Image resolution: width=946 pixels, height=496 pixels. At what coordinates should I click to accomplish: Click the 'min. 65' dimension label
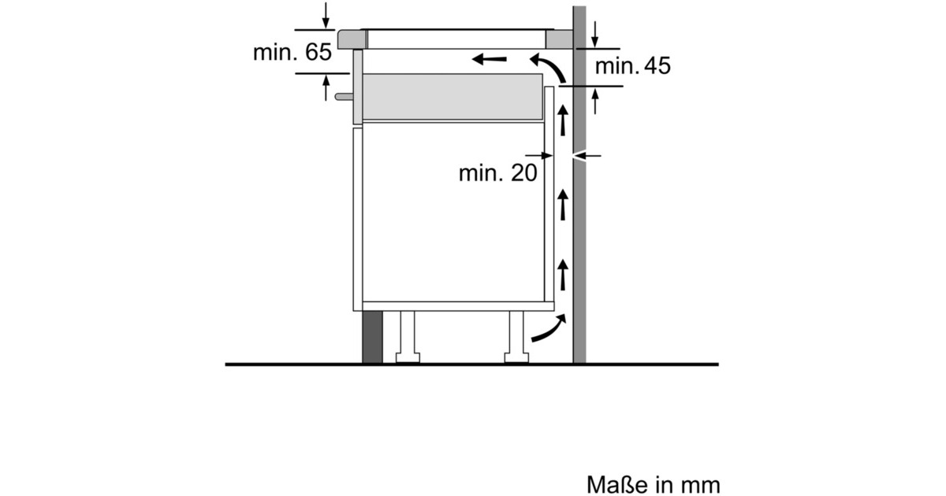292,52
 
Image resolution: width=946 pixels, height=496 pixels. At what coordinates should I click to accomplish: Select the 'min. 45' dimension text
632,66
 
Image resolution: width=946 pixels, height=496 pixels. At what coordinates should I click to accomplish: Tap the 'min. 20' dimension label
498,173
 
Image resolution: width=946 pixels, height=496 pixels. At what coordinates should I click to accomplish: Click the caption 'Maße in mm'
654,485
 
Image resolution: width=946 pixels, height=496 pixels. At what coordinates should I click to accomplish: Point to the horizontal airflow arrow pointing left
489,59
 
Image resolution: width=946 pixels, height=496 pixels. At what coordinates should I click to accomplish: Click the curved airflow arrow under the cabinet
549,328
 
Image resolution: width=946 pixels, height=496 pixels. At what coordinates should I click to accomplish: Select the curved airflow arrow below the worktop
548,68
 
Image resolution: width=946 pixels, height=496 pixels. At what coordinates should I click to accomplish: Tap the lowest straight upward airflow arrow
563,275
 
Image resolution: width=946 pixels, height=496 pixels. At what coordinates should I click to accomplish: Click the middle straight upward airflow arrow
563,205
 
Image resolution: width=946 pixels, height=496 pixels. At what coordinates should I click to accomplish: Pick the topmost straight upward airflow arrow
563,120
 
